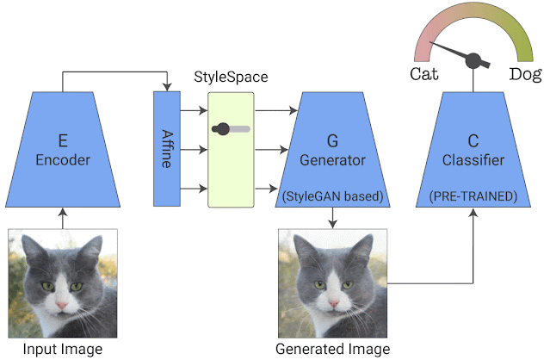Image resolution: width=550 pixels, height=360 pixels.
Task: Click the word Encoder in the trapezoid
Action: (63, 158)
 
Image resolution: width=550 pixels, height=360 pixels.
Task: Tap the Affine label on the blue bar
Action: (167, 147)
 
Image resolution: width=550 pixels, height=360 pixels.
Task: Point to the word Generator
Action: (332, 159)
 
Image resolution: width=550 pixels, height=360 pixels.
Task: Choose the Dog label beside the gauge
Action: (524, 74)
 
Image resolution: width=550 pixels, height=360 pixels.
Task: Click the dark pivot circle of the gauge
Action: (473, 61)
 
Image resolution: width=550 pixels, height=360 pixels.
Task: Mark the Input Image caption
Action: (63, 349)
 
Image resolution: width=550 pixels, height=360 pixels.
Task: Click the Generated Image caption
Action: (332, 349)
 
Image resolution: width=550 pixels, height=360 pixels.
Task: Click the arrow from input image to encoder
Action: (63, 219)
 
